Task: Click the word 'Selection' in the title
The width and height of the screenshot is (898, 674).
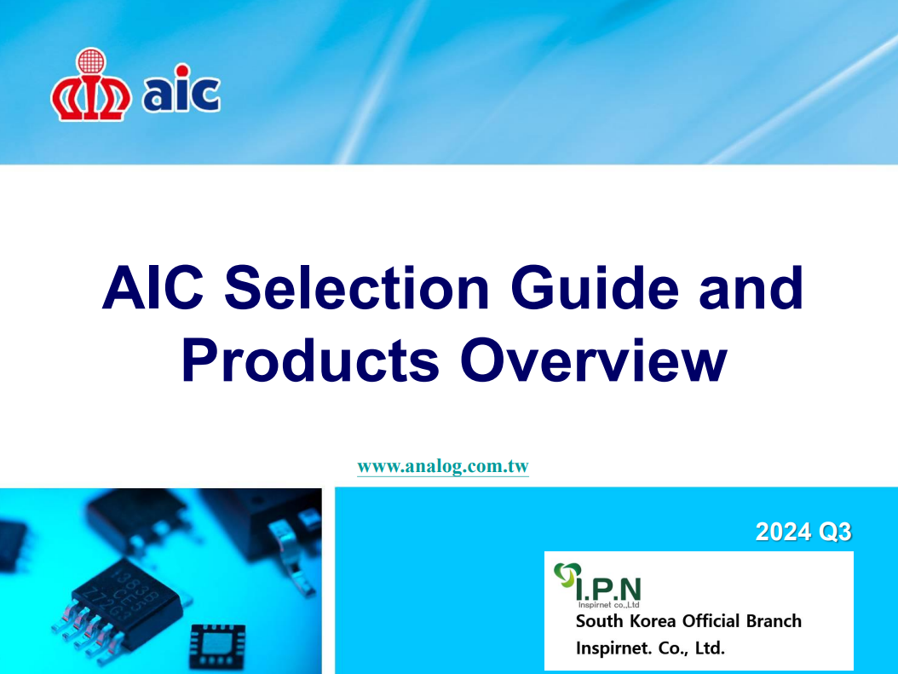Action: [357, 287]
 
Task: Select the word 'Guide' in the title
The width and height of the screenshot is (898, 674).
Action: [595, 287]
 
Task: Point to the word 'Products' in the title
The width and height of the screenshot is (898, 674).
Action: [310, 360]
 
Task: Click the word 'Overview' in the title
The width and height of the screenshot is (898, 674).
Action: [593, 360]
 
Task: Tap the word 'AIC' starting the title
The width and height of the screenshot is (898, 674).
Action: [153, 287]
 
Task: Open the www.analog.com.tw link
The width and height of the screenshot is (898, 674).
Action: [443, 466]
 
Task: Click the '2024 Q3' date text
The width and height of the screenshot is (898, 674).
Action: [803, 532]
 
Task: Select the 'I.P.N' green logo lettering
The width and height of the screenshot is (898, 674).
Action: [608, 590]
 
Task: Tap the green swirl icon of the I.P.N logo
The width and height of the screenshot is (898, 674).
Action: [567, 575]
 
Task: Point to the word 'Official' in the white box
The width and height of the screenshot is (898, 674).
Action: [711, 620]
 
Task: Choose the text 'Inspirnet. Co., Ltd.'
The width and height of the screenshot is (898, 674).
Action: [650, 648]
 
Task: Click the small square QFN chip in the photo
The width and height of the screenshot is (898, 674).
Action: [217, 645]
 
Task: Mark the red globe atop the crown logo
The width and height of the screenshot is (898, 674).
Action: [91, 60]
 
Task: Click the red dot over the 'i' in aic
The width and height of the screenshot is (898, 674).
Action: [182, 71]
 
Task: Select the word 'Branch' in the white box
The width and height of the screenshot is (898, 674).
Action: [774, 620]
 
